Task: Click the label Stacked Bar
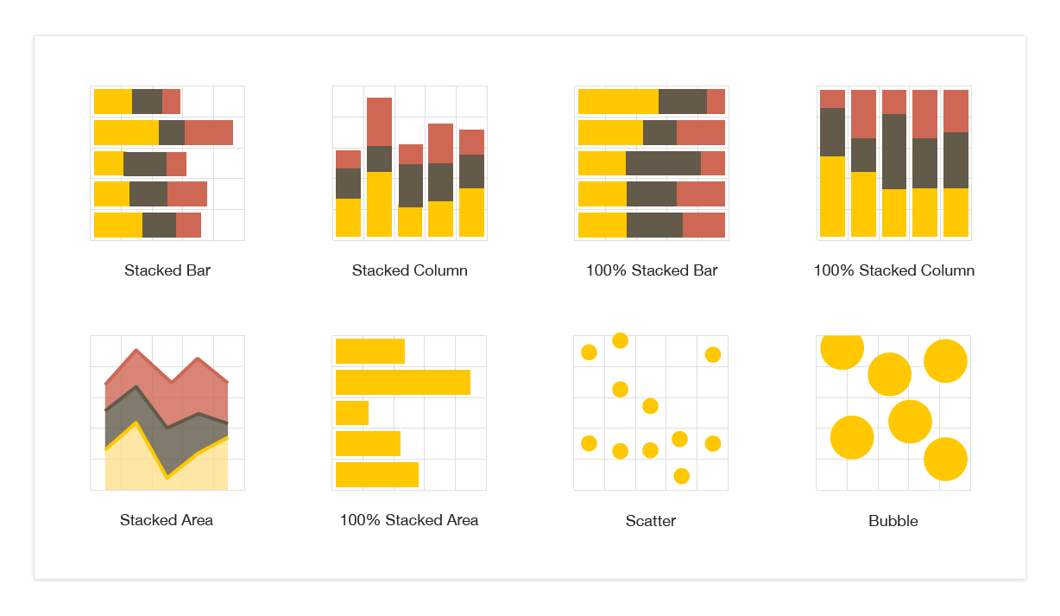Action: pos(167,270)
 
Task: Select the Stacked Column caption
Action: pos(409,270)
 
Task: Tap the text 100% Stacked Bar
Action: pos(652,270)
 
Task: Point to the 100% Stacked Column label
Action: pos(893,270)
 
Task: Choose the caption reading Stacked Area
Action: pos(167,520)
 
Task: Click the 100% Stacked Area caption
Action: pos(409,520)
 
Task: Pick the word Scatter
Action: pos(651,521)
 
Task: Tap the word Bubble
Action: pos(893,521)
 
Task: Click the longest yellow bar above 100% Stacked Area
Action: pos(403,382)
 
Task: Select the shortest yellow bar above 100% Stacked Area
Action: pos(352,413)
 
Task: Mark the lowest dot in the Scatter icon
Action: pos(681,476)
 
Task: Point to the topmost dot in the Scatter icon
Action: pos(620,340)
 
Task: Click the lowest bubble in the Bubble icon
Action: pos(945,459)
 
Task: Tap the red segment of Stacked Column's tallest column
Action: pos(379,122)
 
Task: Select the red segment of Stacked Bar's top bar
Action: pos(171,101)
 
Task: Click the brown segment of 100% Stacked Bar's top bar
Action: pos(683,101)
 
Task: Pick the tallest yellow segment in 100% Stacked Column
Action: pos(832,196)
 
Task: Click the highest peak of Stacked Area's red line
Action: pos(136,350)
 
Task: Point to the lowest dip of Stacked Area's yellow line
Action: pos(167,476)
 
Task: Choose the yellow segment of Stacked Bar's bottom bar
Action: pos(118,225)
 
